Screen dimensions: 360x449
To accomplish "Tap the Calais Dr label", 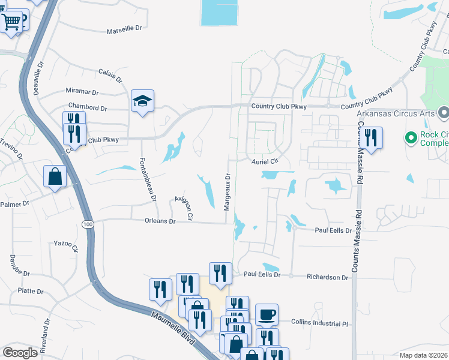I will tap(110, 75).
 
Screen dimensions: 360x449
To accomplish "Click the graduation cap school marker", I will tap(143, 101).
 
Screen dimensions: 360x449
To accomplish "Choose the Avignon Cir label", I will tap(184, 206).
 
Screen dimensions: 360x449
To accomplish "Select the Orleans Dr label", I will tap(160, 221).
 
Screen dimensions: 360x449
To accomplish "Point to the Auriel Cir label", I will tap(265, 161).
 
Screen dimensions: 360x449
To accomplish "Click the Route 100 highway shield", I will tap(88, 224).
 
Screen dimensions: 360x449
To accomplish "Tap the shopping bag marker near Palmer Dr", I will tap(55, 177).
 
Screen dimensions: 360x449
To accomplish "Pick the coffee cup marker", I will tap(267, 314).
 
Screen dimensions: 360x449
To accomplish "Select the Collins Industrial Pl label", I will tap(319, 323).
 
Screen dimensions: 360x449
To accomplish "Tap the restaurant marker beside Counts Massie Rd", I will tap(371, 138).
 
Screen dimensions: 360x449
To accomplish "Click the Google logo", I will tap(20, 353).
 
